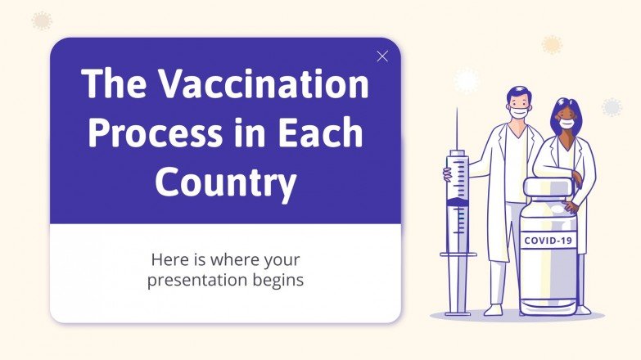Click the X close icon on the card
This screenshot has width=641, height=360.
point(381,56)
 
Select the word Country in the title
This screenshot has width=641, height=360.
point(225,182)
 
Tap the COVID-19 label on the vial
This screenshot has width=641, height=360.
point(548,241)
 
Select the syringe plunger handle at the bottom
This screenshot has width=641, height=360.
point(458,312)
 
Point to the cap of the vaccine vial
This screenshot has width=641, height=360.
point(548,188)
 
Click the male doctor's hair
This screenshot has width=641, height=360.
point(518,92)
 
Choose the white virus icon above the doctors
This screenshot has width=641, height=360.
point(466,80)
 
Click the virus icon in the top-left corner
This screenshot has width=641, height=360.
point(41,20)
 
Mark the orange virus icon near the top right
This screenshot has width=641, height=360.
point(553,44)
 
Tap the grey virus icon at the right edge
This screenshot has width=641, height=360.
point(612,107)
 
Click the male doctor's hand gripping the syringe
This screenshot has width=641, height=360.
point(449,173)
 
